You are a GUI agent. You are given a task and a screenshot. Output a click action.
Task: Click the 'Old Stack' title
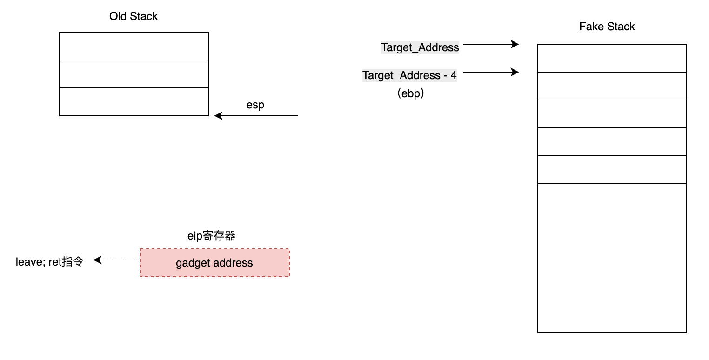pyautogui.click(x=134, y=16)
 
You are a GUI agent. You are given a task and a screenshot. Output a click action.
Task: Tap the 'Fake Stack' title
pyautogui.click(x=607, y=27)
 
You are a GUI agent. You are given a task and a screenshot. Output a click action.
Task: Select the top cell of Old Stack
pyautogui.click(x=134, y=46)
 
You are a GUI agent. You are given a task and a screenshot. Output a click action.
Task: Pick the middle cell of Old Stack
pyautogui.click(x=134, y=74)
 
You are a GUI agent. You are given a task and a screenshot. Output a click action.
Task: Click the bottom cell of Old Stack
pyautogui.click(x=134, y=102)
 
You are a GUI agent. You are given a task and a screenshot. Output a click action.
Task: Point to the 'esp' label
pyautogui.click(x=255, y=105)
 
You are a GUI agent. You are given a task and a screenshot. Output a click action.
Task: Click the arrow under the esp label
pyautogui.click(x=256, y=116)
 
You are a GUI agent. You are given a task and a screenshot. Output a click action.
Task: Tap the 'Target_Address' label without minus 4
pyautogui.click(x=420, y=47)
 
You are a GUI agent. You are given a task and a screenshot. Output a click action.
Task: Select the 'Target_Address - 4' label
pyautogui.click(x=409, y=75)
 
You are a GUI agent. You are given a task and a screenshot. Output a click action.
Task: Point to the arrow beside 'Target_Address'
pyautogui.click(x=491, y=44)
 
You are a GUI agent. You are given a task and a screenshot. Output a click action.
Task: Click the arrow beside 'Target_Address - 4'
pyautogui.click(x=491, y=72)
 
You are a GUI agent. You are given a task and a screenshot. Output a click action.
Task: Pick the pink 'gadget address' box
pyautogui.click(x=214, y=263)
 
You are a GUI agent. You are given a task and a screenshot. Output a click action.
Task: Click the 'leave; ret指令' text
pyautogui.click(x=50, y=262)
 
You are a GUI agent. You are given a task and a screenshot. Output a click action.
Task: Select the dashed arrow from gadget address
pyautogui.click(x=117, y=260)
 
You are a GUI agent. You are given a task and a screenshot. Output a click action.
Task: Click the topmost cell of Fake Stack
pyautogui.click(x=612, y=58)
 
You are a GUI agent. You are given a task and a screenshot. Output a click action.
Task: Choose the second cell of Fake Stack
pyautogui.click(x=612, y=86)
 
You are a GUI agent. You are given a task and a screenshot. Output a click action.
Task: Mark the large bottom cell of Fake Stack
pyautogui.click(x=612, y=258)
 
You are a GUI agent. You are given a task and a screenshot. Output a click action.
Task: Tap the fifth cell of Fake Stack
pyautogui.click(x=612, y=170)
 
